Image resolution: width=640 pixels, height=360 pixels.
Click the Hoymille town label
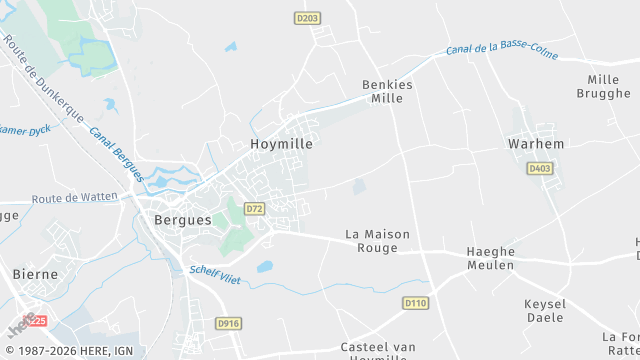[281, 144]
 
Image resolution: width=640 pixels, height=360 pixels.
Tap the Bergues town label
[183, 219]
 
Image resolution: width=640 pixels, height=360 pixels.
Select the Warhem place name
[536, 144]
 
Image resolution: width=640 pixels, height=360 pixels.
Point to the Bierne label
[35, 273]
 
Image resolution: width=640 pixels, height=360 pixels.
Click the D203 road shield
[307, 18]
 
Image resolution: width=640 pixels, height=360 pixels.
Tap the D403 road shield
[540, 169]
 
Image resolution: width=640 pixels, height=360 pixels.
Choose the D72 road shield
[254, 209]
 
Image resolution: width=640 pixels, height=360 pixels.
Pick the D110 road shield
[416, 302]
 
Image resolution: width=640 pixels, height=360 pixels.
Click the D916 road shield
[228, 323]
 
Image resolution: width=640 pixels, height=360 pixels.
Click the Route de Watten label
[74, 198]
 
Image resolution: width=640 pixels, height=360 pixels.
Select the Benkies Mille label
[386, 92]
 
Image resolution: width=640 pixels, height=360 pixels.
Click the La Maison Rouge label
[377, 241]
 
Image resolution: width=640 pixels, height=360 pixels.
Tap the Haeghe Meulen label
[490, 258]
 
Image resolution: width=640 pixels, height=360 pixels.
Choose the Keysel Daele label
[545, 311]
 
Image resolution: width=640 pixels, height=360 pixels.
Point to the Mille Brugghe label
[603, 86]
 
